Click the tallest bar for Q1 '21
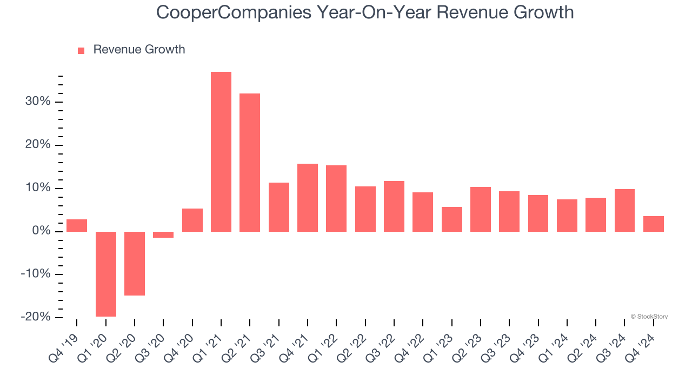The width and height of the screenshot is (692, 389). tap(221, 152)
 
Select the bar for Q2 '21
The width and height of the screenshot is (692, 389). tap(250, 163)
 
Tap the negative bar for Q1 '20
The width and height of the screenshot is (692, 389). tap(106, 274)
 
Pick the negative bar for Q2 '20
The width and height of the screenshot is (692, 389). tap(135, 264)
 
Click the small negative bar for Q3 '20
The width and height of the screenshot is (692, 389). tap(163, 234)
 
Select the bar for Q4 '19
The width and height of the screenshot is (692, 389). tap(77, 225)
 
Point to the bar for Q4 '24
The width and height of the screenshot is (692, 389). tap(653, 224)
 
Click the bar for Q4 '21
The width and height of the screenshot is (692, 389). tap(308, 198)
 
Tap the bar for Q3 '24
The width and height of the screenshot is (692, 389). tap(624, 210)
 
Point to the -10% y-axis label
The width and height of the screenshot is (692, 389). tap(36, 274)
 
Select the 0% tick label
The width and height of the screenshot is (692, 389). tap(41, 231)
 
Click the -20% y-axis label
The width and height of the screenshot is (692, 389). tap(36, 317)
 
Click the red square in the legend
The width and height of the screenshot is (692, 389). tap(81, 50)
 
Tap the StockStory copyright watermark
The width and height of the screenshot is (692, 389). tap(649, 317)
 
